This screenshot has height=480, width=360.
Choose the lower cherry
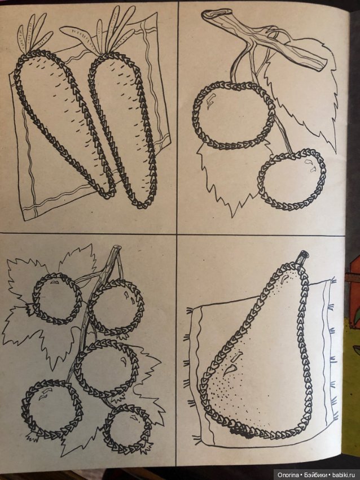(x=292, y=179)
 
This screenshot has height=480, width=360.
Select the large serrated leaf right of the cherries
(x=303, y=101)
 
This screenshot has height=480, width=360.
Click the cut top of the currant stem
(x=117, y=247)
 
